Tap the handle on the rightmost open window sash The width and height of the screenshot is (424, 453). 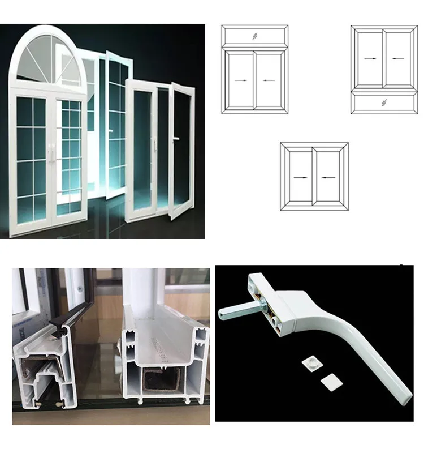coord(177,138)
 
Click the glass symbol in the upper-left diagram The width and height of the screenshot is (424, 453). coord(255,36)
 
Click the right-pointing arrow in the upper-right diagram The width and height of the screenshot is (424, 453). coord(370,58)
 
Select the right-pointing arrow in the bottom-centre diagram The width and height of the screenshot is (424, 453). coord(300,177)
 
